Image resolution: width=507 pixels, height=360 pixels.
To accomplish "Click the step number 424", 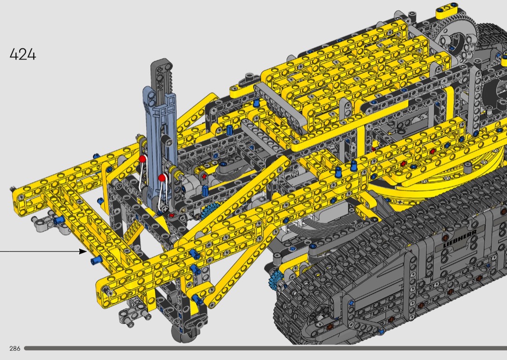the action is [23, 55].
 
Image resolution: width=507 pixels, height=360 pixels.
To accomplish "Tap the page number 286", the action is [15, 348].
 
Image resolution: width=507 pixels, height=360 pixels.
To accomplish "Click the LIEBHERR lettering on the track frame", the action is [460, 238].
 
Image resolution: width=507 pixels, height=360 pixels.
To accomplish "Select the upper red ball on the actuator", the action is [142, 159].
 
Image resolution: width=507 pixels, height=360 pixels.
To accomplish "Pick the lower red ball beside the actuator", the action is [162, 178].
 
